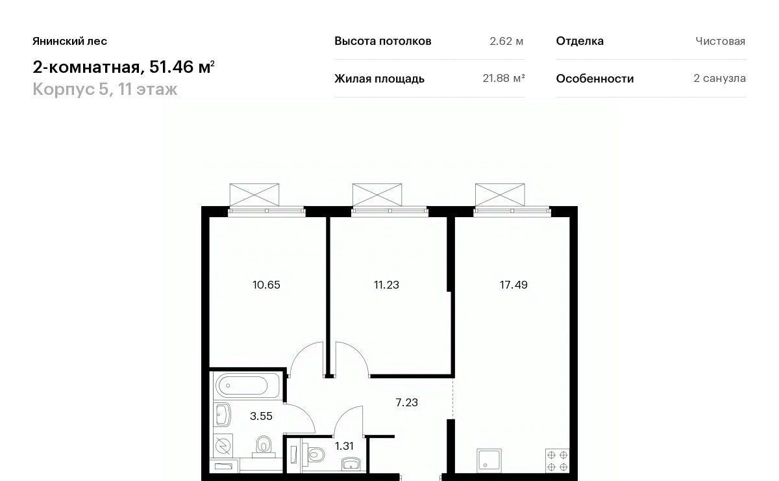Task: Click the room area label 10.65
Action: [266, 285]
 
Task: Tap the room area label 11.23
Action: [386, 285]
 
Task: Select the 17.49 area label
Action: [513, 285]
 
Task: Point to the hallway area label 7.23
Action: [406, 402]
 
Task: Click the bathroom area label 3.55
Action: [261, 416]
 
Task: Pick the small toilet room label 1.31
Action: [344, 446]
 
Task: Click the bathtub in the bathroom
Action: [247, 385]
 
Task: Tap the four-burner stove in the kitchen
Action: [558, 461]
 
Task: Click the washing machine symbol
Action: [223, 445]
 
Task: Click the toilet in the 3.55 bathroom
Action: [264, 447]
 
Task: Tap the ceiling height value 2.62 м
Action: [506, 41]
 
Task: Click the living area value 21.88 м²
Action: [504, 79]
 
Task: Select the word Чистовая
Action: [720, 41]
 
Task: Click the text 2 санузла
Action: [719, 79]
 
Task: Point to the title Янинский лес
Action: [70, 41]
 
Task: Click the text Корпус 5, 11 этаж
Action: [105, 89]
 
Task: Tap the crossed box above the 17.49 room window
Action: [500, 195]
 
